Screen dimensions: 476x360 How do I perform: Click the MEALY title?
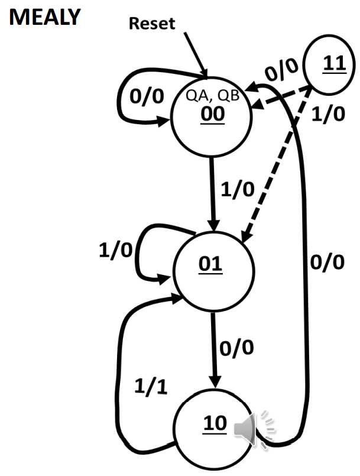pos(44,17)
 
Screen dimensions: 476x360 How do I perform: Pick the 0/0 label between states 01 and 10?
pos(236,348)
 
